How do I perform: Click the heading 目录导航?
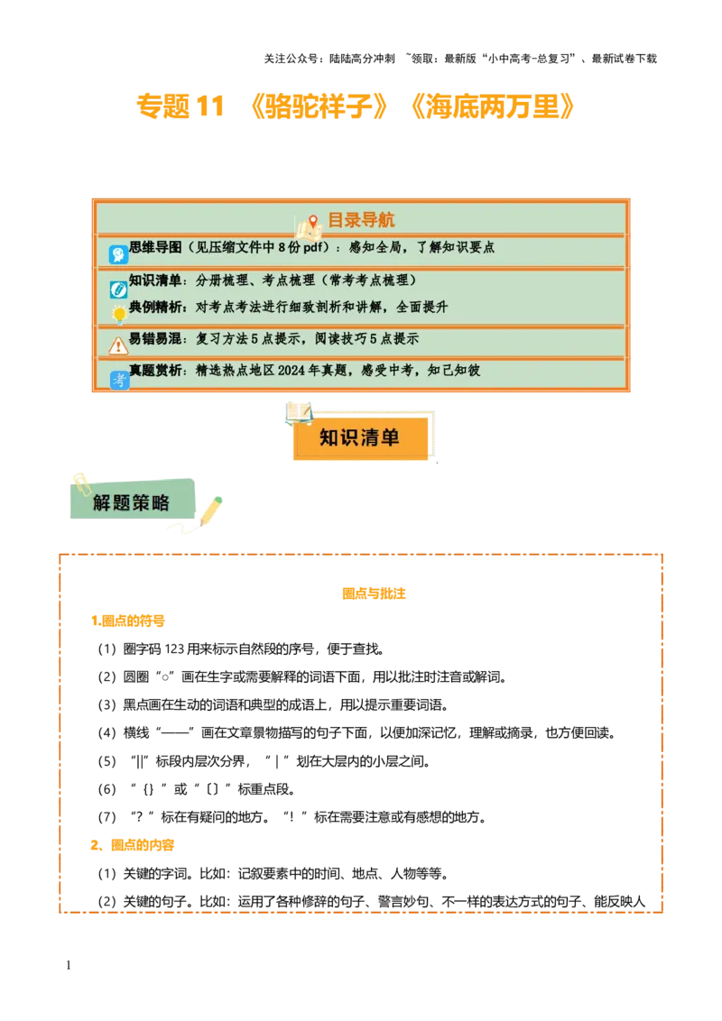tap(360, 220)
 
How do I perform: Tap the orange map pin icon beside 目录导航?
tap(312, 222)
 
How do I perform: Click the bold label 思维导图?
tap(155, 247)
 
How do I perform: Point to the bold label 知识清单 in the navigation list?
tap(155, 281)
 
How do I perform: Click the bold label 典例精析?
tap(155, 308)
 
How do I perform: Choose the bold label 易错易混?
tap(155, 340)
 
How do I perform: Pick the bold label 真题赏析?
tap(155, 371)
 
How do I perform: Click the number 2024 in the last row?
tap(319, 371)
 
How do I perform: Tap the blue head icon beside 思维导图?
tap(118, 254)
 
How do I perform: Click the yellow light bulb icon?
tap(118, 315)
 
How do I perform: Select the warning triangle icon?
tap(118, 345)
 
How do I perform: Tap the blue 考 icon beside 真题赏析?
tap(119, 380)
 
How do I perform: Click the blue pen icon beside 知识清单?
tap(118, 289)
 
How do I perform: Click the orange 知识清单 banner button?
tap(360, 438)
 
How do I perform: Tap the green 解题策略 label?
tap(132, 502)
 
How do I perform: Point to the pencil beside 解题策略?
tap(211, 510)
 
